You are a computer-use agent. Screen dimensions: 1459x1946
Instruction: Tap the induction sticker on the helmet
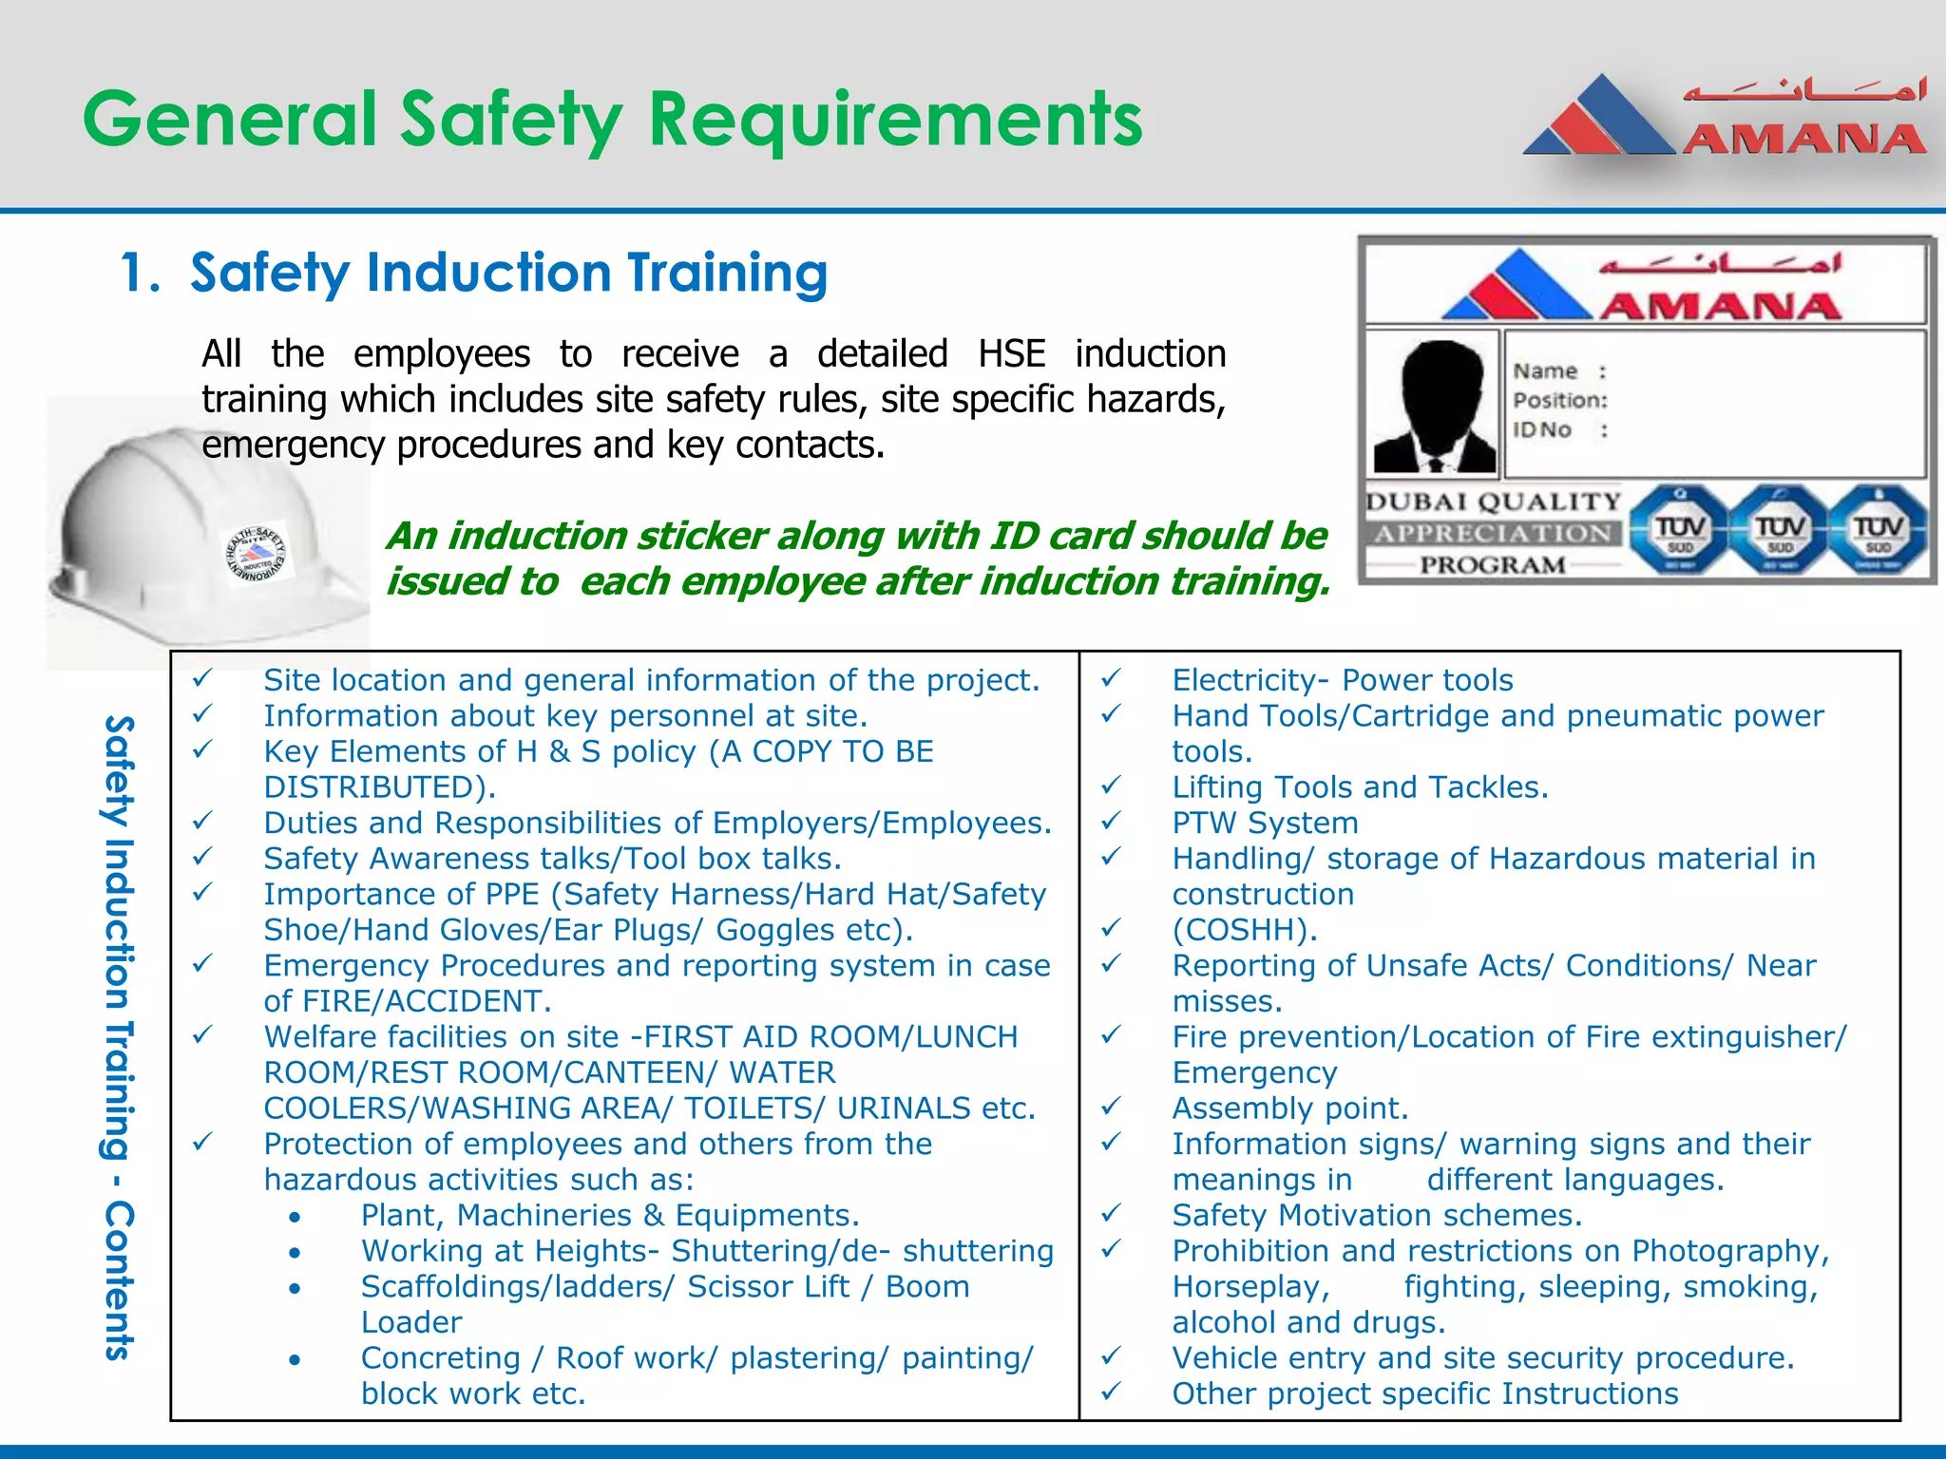[258, 554]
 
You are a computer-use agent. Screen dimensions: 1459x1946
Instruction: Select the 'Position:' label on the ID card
[1560, 401]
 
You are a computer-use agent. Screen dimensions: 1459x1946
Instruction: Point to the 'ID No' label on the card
[1542, 430]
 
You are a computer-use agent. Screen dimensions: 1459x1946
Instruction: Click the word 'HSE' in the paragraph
[1011, 354]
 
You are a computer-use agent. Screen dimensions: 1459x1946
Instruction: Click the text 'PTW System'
[1265, 823]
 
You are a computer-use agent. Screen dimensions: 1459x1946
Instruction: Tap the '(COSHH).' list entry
[1245, 930]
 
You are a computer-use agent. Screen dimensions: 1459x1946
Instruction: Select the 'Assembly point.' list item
[1289, 1108]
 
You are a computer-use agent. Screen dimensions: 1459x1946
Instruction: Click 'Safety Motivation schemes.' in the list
[1377, 1216]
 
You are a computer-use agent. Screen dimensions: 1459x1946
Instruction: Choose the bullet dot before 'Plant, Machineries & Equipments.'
[296, 1217]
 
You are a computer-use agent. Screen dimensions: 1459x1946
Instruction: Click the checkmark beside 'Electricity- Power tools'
[1111, 679]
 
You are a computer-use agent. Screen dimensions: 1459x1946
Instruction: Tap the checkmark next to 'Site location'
[201, 679]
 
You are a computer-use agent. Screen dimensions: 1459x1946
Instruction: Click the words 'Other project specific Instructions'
[1425, 1393]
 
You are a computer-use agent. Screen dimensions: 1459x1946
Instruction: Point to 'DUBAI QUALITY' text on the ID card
[1493, 502]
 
